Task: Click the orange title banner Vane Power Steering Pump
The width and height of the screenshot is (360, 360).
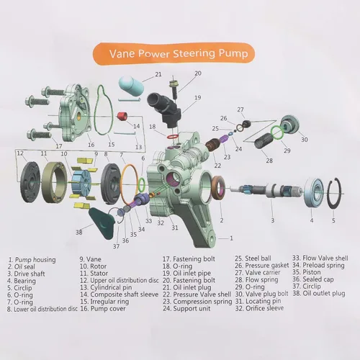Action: (x=174, y=53)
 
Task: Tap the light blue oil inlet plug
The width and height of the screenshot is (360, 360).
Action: (x=131, y=84)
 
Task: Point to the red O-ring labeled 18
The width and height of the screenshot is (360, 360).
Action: (x=172, y=136)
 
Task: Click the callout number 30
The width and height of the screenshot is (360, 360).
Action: (x=305, y=140)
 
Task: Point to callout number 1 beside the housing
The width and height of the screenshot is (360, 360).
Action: (x=231, y=238)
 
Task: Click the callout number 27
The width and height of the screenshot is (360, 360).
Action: (x=240, y=109)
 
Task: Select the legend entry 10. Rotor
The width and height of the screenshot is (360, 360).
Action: (x=93, y=266)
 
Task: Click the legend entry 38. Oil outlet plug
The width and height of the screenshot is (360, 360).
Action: (x=319, y=293)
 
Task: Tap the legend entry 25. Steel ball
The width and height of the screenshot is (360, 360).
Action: (x=253, y=258)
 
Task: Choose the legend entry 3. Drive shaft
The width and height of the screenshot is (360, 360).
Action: (x=26, y=274)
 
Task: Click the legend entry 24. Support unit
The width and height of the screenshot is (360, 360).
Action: (x=186, y=308)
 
